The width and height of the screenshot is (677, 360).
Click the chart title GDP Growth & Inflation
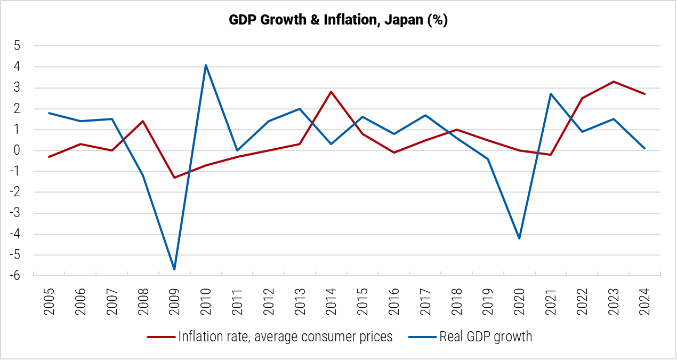(x=338, y=20)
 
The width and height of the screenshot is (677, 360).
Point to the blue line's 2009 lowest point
(x=174, y=269)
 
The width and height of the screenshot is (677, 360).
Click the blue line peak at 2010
(x=206, y=65)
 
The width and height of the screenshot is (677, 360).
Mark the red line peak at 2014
(x=331, y=92)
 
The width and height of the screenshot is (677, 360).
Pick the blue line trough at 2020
(x=519, y=238)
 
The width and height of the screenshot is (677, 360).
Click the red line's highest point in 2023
(x=614, y=82)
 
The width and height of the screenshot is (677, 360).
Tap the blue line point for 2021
(x=551, y=94)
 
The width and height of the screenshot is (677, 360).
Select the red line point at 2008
(x=143, y=121)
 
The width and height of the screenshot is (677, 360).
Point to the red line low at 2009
(x=174, y=178)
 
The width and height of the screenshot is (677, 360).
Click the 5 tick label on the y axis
(x=17, y=46)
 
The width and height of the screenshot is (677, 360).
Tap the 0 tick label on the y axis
(x=17, y=150)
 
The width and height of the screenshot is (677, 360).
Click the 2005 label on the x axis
(x=49, y=302)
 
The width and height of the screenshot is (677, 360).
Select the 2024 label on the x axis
(x=645, y=302)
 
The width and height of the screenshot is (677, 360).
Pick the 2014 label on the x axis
(x=331, y=302)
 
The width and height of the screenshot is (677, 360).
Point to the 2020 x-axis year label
(x=519, y=302)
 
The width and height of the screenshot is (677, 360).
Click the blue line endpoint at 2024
(x=645, y=148)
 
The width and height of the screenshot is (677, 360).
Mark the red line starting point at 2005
(x=49, y=157)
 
